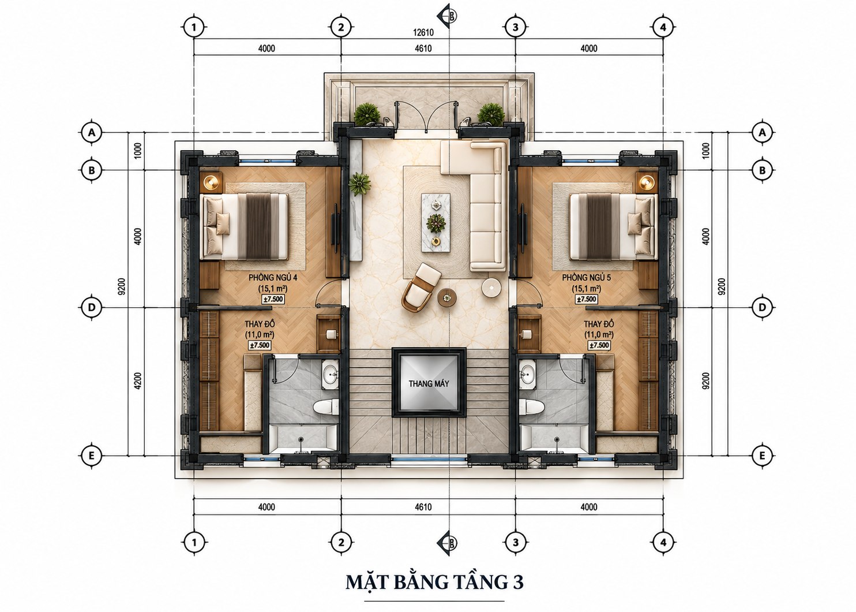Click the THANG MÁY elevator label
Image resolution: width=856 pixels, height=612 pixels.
point(429,383)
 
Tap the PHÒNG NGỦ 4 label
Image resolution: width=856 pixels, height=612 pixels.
point(273,277)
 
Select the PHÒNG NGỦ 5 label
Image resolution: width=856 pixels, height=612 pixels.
point(586,277)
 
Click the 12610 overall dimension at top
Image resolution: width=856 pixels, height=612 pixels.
point(423,32)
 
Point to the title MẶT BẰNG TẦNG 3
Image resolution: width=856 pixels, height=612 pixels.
point(434,582)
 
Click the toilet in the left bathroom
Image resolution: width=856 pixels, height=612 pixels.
point(326,407)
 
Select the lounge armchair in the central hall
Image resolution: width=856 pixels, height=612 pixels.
point(421,288)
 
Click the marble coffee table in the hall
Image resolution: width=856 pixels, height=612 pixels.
point(435,223)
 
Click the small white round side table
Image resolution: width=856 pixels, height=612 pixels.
point(491,288)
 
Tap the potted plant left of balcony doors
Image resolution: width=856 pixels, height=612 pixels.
point(367,114)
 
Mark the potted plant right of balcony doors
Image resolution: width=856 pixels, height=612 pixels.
point(491,114)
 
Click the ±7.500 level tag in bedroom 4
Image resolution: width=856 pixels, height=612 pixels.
point(273,299)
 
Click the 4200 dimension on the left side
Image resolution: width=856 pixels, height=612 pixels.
point(138,381)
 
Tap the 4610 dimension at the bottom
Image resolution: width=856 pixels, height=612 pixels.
point(423,507)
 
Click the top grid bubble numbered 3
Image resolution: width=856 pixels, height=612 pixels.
point(516,27)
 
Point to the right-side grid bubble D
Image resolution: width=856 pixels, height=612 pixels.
point(763,308)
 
